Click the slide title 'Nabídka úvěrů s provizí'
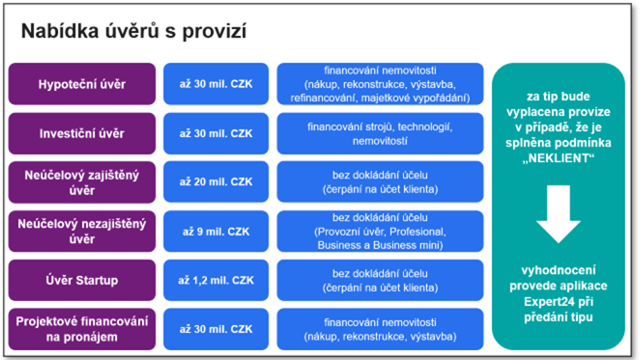pyautogui.click(x=134, y=31)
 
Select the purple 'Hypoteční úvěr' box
pyautogui.click(x=82, y=84)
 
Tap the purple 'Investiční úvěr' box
pyautogui.click(x=82, y=133)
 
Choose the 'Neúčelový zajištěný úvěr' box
pyautogui.click(x=82, y=182)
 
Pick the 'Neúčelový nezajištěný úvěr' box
pyautogui.click(x=82, y=231)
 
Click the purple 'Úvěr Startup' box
pyautogui.click(x=82, y=280)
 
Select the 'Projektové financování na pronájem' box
pyautogui.click(x=82, y=329)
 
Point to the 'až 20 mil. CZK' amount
pyautogui.click(x=216, y=182)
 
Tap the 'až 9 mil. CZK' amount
pyautogui.click(x=216, y=231)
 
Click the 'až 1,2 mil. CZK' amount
pyautogui.click(x=216, y=280)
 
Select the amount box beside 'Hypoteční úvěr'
pyautogui.click(x=216, y=84)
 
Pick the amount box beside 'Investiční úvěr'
pyautogui.click(x=216, y=133)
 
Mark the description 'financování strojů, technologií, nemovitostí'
pyautogui.click(x=380, y=133)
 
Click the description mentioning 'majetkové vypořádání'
pyautogui.click(x=380, y=84)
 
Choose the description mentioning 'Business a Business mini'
pyautogui.click(x=380, y=231)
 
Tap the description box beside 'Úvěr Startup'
pyautogui.click(x=380, y=280)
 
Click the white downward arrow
pyautogui.click(x=559, y=214)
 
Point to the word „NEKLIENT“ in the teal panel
pyautogui.click(x=559, y=158)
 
